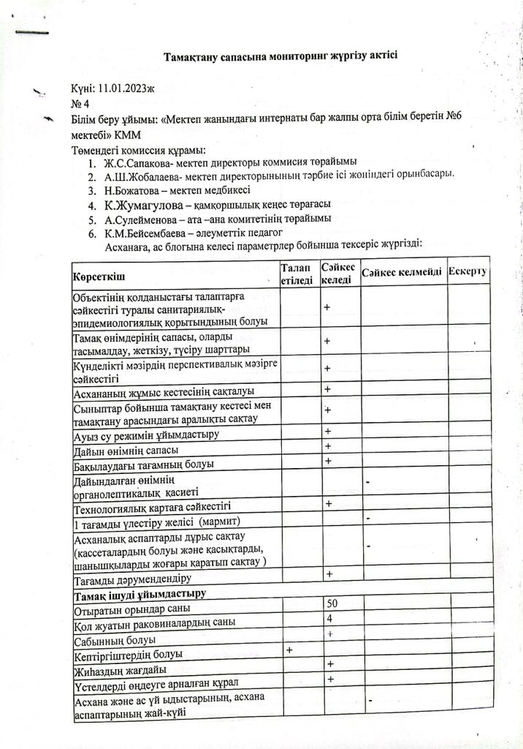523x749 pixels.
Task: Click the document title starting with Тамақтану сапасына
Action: tap(280, 56)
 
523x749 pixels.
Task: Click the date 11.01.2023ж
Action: tap(121, 89)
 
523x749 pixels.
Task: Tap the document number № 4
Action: tap(80, 103)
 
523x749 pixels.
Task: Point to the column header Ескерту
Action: tap(468, 272)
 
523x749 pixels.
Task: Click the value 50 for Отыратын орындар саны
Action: tap(332, 603)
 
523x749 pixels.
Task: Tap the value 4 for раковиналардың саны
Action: tap(329, 618)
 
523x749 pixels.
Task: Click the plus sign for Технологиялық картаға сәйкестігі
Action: tap(329, 504)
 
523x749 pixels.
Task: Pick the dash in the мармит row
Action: tap(368, 519)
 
